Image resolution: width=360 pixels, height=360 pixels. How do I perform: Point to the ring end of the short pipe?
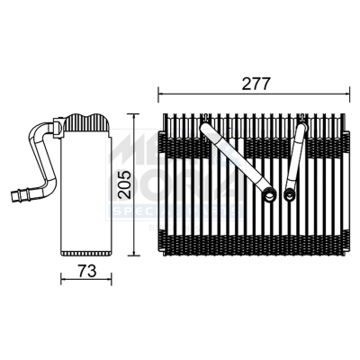pos(289,192)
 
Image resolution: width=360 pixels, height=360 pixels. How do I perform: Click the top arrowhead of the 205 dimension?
pos(132,115)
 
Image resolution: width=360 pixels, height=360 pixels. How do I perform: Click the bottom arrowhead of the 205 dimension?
pos(132,256)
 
